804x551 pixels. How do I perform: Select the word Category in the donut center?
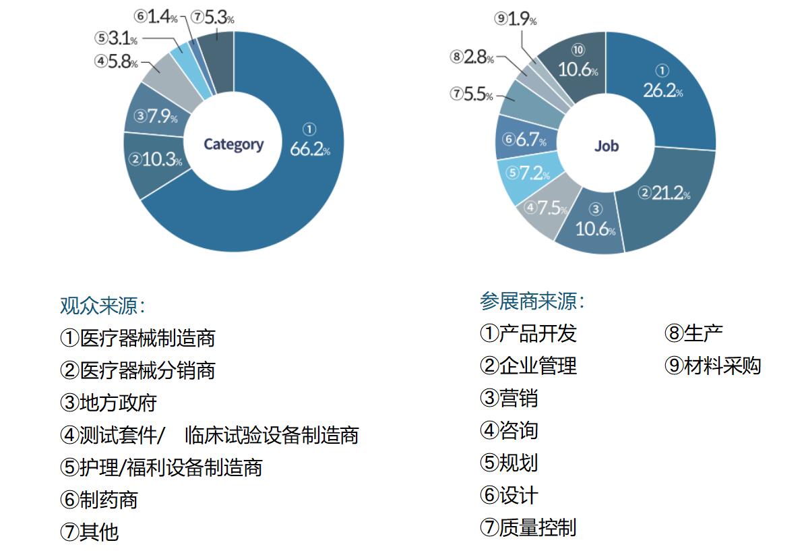(233, 144)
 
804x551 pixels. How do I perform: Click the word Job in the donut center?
(606, 146)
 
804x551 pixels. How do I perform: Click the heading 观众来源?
(102, 306)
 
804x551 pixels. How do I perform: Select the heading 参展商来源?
(532, 301)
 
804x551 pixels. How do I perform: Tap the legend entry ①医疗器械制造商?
(137, 337)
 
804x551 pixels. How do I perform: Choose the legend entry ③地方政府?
(108, 403)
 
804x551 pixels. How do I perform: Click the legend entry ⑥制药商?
(98, 500)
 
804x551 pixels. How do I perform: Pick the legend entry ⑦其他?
(89, 532)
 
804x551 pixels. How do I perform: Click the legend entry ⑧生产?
(693, 333)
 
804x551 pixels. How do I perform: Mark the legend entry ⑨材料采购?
(712, 366)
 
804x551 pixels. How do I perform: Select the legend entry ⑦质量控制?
(528, 527)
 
